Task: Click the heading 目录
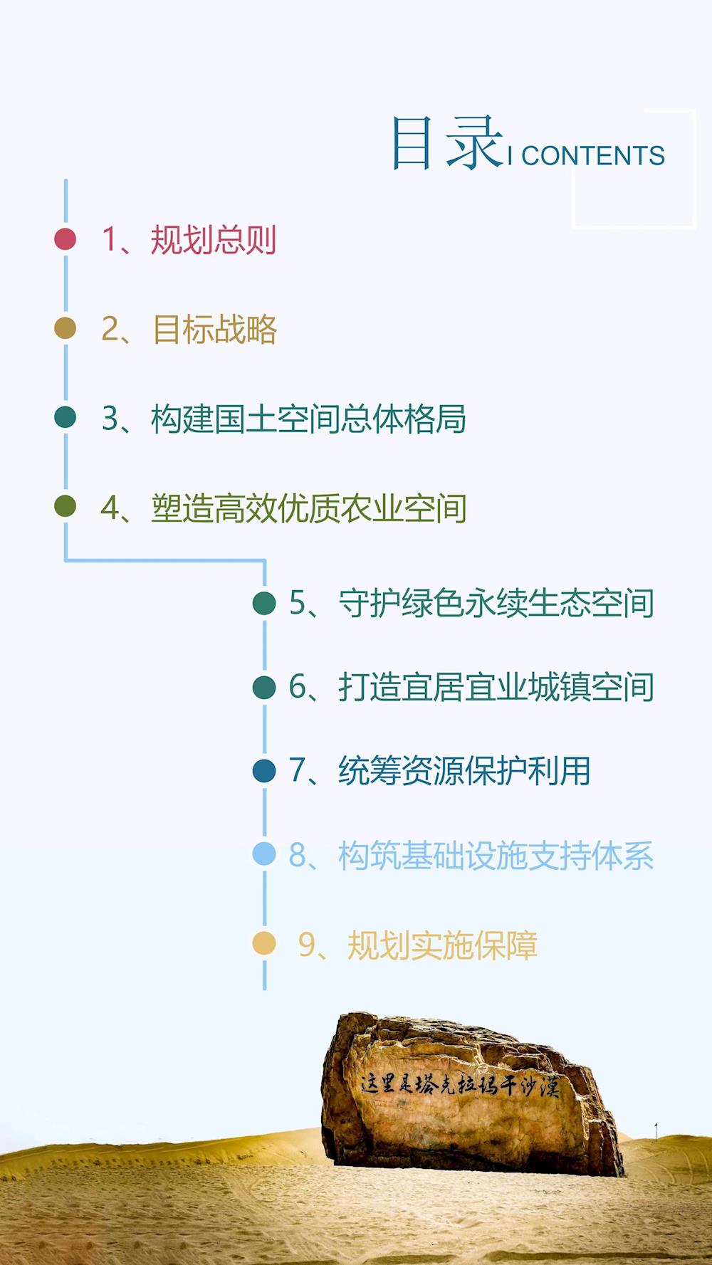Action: point(447,144)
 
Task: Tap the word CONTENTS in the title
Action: point(592,156)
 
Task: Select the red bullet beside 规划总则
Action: point(65,239)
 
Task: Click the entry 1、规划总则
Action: point(189,239)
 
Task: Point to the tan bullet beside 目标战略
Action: point(65,328)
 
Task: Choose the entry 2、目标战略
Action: point(189,330)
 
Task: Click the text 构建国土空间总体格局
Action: point(308,419)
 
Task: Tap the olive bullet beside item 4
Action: point(65,506)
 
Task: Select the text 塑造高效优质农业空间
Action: point(309,508)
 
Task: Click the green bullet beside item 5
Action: point(264,603)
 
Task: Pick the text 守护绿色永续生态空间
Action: point(496,604)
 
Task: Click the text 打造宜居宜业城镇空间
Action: point(496,688)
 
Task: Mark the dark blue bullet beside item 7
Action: point(264,771)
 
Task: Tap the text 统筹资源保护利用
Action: point(464,771)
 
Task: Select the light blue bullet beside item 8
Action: point(264,854)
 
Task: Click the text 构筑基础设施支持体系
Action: point(496,856)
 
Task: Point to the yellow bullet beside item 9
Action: point(264,943)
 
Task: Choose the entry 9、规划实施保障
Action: point(418,945)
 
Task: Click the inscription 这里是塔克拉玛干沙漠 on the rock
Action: point(459,1085)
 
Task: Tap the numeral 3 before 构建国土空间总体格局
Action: point(110,419)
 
